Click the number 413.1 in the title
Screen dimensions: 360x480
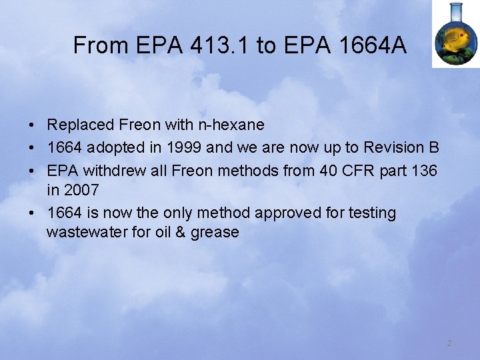219,45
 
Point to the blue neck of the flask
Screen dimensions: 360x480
456,10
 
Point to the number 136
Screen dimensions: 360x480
424,170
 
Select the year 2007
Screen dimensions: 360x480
81,190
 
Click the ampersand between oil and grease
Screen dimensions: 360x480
183,232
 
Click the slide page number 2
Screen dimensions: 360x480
449,343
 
